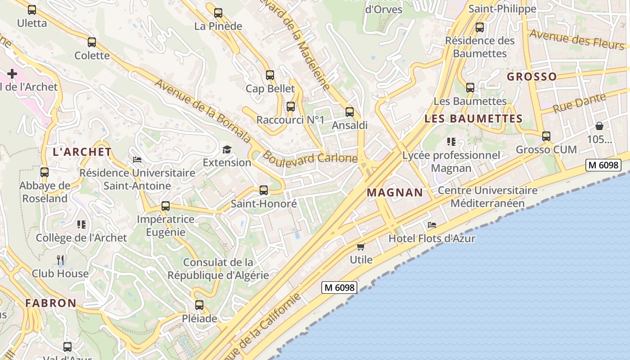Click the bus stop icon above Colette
(x=92, y=42)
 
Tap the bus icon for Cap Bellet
(x=270, y=75)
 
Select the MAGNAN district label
(x=395, y=193)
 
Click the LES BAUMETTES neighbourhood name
(x=473, y=119)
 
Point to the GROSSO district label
(x=531, y=76)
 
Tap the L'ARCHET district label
(x=82, y=152)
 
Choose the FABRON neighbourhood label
(x=51, y=303)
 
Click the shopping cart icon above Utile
(x=360, y=247)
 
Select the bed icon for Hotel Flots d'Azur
(x=432, y=225)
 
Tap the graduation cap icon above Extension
(x=227, y=149)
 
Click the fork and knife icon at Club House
(x=60, y=260)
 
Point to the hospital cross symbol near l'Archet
(x=12, y=73)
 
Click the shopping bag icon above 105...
(x=599, y=126)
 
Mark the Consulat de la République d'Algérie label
(x=218, y=269)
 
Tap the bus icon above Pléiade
(x=199, y=305)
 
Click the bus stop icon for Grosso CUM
(x=546, y=136)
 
